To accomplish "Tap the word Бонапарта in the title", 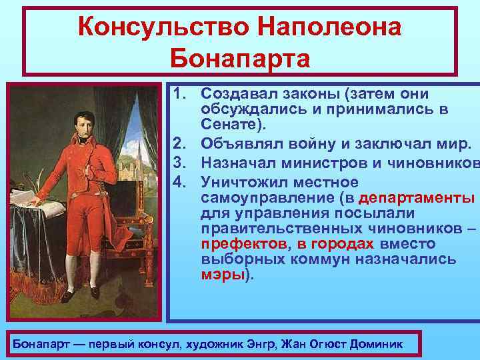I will [240, 58].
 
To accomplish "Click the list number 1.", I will [179, 95].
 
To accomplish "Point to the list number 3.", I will [179, 168].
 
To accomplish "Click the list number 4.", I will [179, 183].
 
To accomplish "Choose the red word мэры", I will [223, 274].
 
